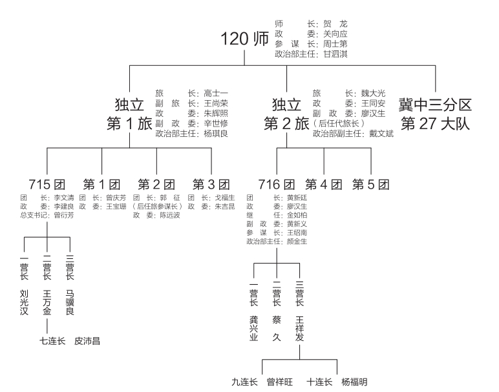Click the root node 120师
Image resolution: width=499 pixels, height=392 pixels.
[244, 38]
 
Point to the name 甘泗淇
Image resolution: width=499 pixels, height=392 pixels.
[335, 54]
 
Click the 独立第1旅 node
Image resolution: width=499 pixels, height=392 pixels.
[129, 114]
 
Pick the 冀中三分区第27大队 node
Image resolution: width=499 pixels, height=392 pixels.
[435, 114]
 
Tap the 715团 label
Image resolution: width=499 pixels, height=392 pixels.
[47, 184]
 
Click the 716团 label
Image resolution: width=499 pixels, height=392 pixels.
[277, 184]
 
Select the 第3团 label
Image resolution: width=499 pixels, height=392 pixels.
[211, 184]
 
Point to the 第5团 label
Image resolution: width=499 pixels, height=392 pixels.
[371, 184]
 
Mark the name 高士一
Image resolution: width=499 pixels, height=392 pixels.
[216, 93]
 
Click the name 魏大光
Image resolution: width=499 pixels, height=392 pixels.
[372, 93]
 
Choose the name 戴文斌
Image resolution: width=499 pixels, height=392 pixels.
[380, 134]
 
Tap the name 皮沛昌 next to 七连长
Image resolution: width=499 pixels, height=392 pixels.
[87, 340]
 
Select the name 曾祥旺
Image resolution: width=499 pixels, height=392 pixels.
[280, 382]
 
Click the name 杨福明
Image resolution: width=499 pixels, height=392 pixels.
[354, 382]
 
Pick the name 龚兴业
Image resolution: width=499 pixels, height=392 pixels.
[254, 327]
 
